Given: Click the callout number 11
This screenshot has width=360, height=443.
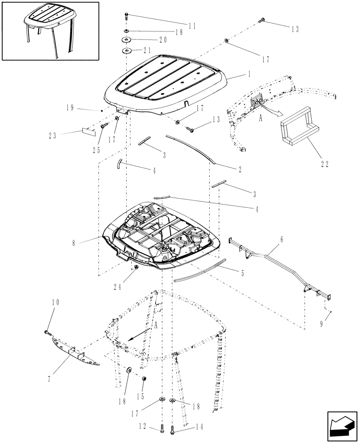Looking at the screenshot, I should point(191,26).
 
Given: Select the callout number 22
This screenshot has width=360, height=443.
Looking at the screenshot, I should point(325,163).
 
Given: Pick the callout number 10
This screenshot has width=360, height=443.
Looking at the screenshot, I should point(55,303).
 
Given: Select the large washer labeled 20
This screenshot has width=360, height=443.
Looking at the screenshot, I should point(127,40).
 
